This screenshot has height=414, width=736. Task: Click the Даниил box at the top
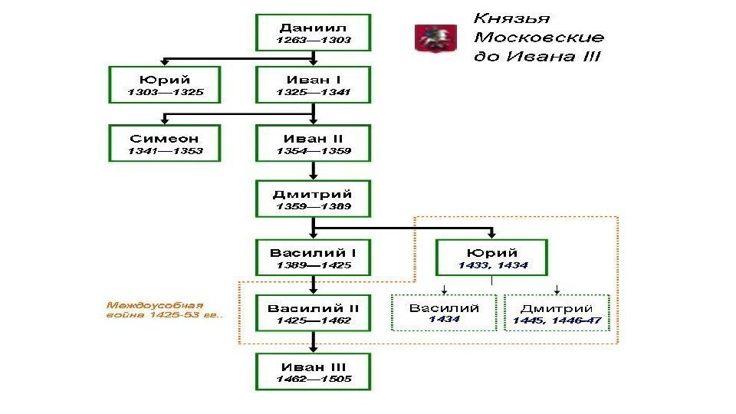(313, 32)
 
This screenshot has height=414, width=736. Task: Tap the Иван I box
(313, 85)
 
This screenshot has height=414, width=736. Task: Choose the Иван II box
(313, 143)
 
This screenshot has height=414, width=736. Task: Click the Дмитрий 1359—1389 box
(313, 199)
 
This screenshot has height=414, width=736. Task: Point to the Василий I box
(313, 258)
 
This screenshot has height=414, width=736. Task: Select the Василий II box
(313, 314)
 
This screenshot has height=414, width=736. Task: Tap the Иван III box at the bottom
(313, 372)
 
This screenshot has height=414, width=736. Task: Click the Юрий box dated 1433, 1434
(492, 258)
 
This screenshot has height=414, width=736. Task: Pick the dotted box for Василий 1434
(444, 313)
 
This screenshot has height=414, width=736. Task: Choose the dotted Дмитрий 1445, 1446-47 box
(557, 313)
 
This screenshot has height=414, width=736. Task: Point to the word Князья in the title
(512, 18)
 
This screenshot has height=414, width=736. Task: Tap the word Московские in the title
(539, 38)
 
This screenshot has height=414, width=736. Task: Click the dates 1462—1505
(313, 379)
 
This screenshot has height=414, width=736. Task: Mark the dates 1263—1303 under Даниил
(313, 40)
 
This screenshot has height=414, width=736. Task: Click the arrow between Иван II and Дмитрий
(313, 171)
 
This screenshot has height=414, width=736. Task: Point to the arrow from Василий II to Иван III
(313, 343)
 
